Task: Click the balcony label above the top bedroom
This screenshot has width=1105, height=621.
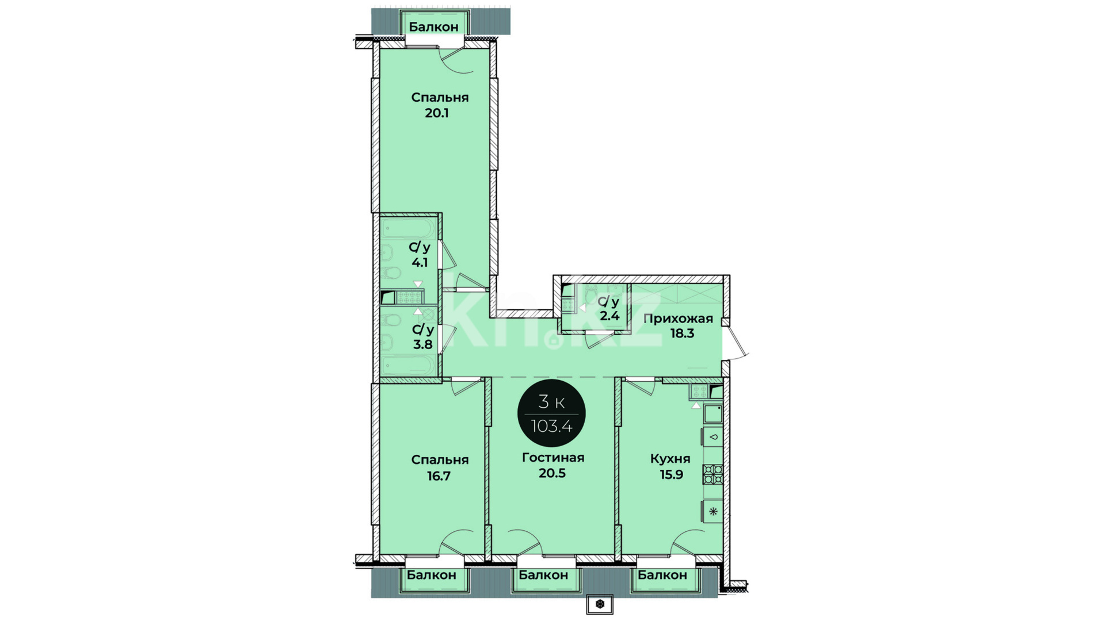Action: [x=433, y=26]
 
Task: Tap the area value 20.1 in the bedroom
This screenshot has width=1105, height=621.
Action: [x=437, y=113]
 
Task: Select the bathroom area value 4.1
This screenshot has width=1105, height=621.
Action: [x=420, y=263]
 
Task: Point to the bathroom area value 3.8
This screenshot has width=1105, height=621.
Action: [x=422, y=344]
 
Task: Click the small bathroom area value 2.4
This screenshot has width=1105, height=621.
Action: [x=609, y=316]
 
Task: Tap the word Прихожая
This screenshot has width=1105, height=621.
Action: [x=678, y=319]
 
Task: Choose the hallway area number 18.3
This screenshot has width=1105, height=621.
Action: [x=682, y=333]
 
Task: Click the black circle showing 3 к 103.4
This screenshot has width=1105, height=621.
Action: [x=551, y=413]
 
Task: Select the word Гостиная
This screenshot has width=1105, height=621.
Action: [x=553, y=458]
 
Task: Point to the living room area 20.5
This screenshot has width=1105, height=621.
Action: [x=552, y=473]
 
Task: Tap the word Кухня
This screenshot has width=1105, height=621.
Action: [x=670, y=459]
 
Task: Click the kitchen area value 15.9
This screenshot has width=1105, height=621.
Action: [x=672, y=474]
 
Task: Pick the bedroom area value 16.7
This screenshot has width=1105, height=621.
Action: [x=439, y=476]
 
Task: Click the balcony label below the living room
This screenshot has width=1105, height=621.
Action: [x=543, y=575]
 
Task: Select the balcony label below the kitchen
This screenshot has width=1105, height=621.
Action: [x=662, y=575]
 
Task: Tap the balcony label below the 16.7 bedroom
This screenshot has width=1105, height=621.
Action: [x=432, y=575]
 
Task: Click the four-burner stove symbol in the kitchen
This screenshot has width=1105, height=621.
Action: [x=713, y=474]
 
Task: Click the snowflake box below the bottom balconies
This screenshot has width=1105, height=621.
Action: [x=600, y=604]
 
